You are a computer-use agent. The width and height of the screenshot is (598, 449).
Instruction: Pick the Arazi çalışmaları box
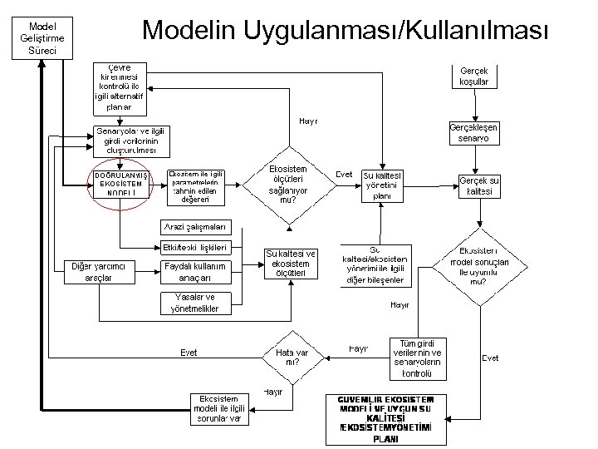(x=193, y=227)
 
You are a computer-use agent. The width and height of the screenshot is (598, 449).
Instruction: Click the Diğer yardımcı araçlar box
(x=98, y=272)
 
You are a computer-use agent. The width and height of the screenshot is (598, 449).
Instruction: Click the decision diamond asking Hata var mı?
(x=292, y=357)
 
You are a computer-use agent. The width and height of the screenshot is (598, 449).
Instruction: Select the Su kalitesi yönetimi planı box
(x=382, y=185)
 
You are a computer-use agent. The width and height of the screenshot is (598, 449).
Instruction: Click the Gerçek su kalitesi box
(x=479, y=185)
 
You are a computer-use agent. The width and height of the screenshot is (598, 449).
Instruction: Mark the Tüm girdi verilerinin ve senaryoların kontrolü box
(x=417, y=358)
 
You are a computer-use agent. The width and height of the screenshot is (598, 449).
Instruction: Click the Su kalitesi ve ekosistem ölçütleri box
(x=290, y=263)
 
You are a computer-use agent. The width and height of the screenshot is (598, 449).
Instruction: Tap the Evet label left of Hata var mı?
(x=189, y=353)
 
